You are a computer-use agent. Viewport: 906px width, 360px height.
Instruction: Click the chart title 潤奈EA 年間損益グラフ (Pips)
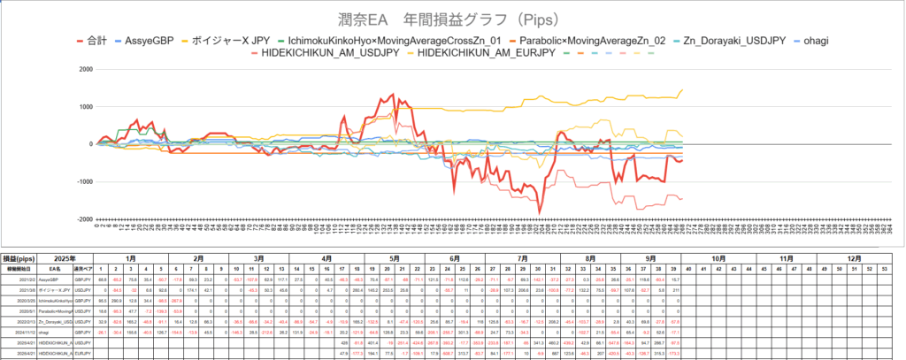click(452, 19)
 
